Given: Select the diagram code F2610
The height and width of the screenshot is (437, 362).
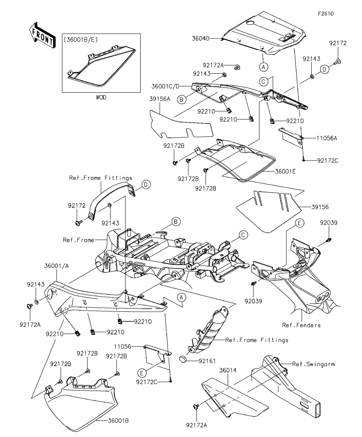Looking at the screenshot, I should point(326,13).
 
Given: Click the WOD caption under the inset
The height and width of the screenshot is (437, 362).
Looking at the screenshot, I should point(101,97).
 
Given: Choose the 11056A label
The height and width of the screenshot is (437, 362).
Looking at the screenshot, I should point(327,139).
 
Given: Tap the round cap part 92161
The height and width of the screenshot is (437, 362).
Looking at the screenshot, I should point(183,359).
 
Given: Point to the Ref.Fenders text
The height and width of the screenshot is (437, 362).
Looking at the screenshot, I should point(301,325).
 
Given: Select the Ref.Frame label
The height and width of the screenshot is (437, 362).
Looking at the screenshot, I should point(78,240).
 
